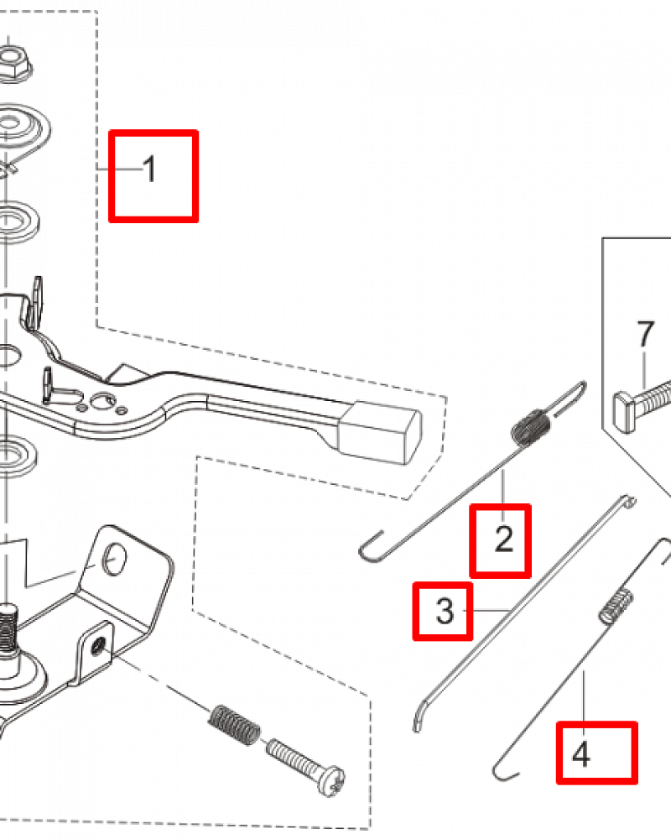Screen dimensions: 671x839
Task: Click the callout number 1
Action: coord(150,169)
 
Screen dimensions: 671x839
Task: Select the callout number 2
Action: coord(504,539)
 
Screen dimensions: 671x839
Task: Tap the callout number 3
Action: coord(445,611)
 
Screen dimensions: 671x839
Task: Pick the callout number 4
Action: coord(581,754)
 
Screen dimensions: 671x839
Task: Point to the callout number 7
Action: coord(645,334)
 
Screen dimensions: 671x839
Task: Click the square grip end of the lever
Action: coord(379,432)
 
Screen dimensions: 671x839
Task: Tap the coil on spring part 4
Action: coord(616,607)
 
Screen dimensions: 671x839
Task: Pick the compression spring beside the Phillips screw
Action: coord(234,726)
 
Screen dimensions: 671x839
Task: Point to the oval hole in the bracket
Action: coord(115,560)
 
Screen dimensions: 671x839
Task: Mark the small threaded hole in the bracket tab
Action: coord(98,648)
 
